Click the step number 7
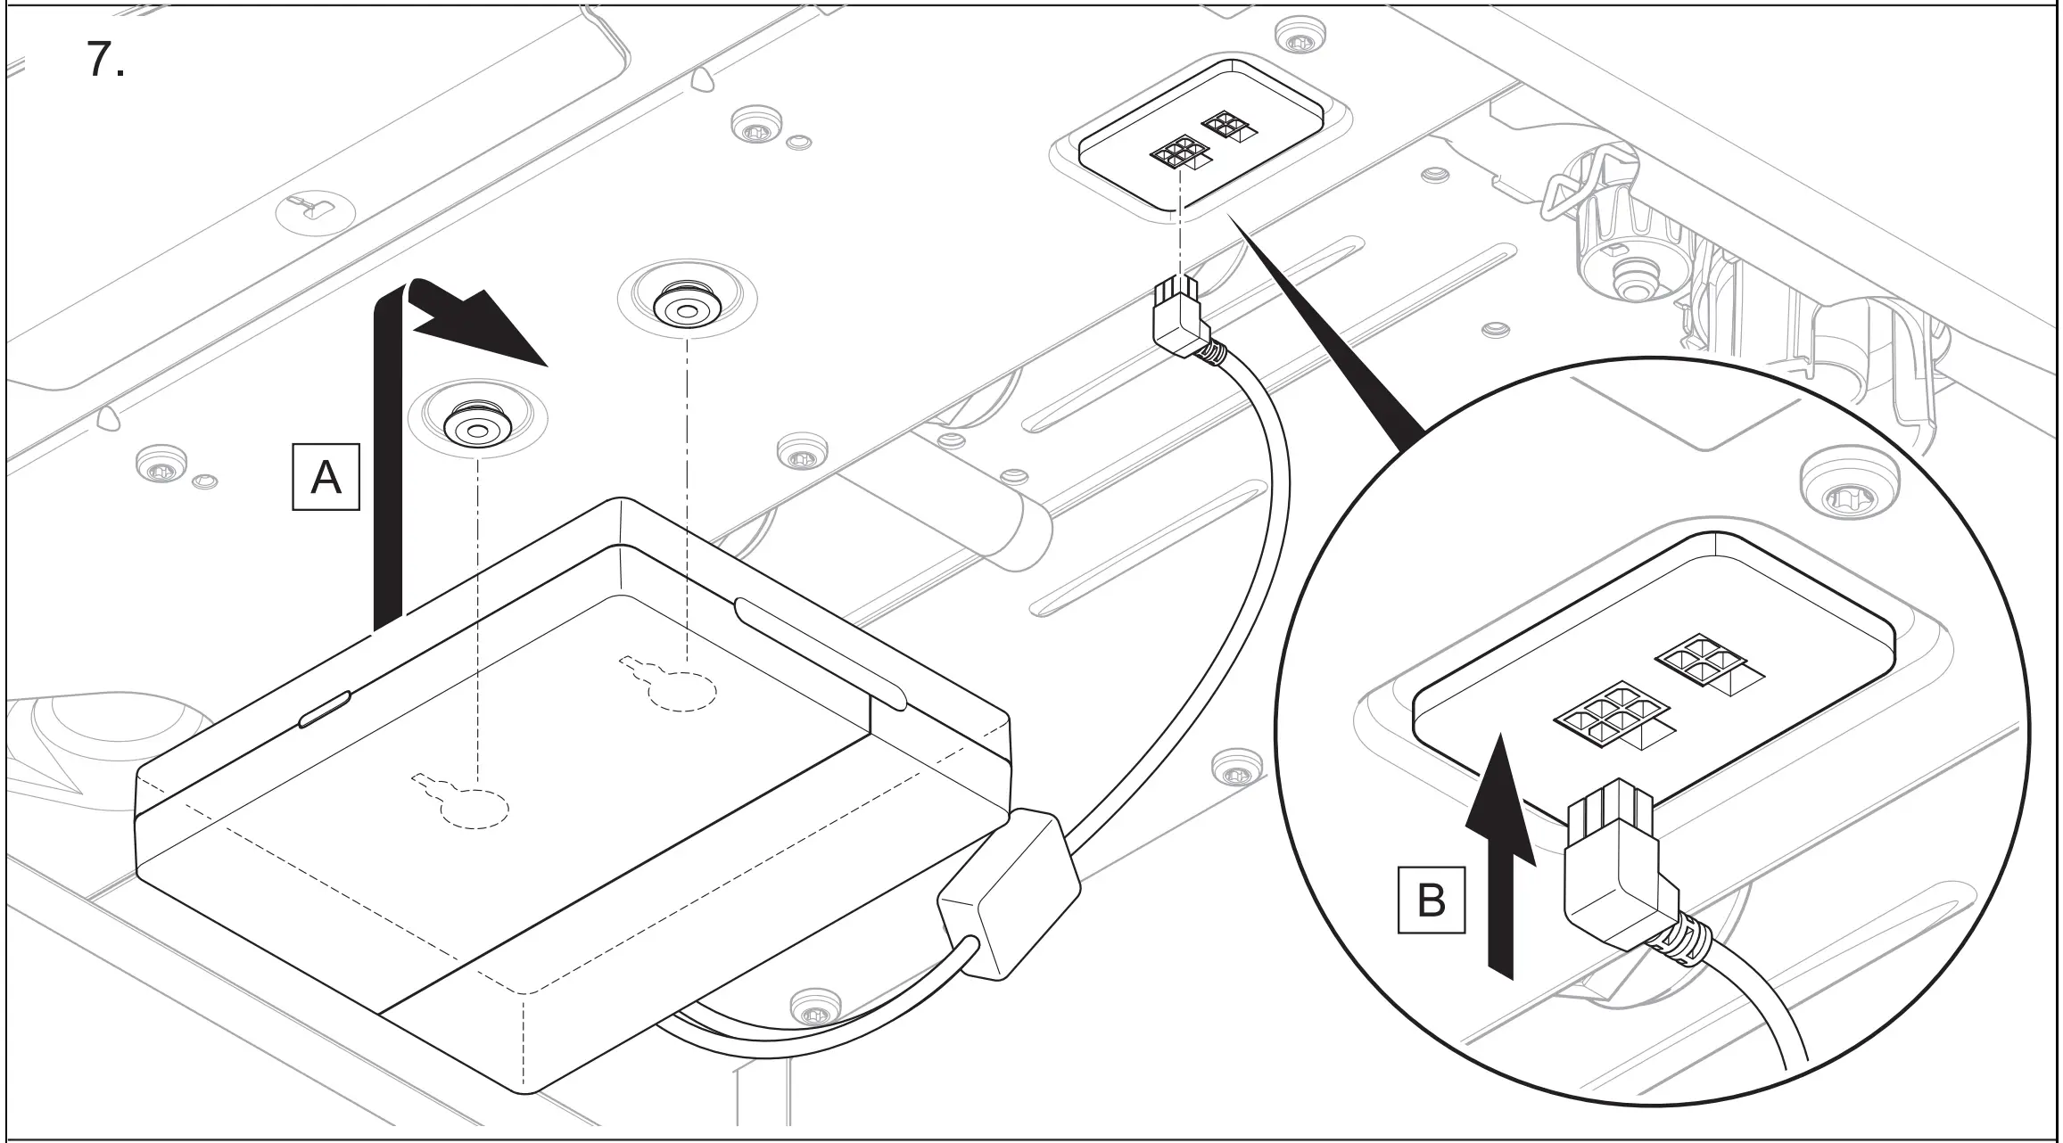click(105, 61)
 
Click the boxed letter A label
click(326, 478)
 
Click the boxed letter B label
click(1431, 900)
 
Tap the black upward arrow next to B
click(1502, 857)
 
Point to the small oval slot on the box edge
click(326, 708)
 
